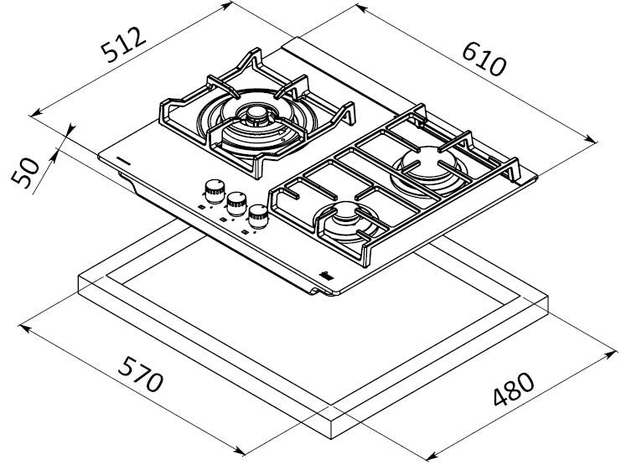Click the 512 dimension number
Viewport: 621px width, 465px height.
coord(123,44)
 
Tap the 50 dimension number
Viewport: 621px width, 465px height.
coord(25,173)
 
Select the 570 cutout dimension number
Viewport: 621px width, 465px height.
coord(141,374)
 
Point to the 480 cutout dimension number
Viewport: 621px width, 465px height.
coord(514,389)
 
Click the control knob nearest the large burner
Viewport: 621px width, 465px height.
coord(215,191)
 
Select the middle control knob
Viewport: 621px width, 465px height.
coord(236,204)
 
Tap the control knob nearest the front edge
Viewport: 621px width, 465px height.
coord(258,216)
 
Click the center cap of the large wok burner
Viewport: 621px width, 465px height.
coord(256,115)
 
